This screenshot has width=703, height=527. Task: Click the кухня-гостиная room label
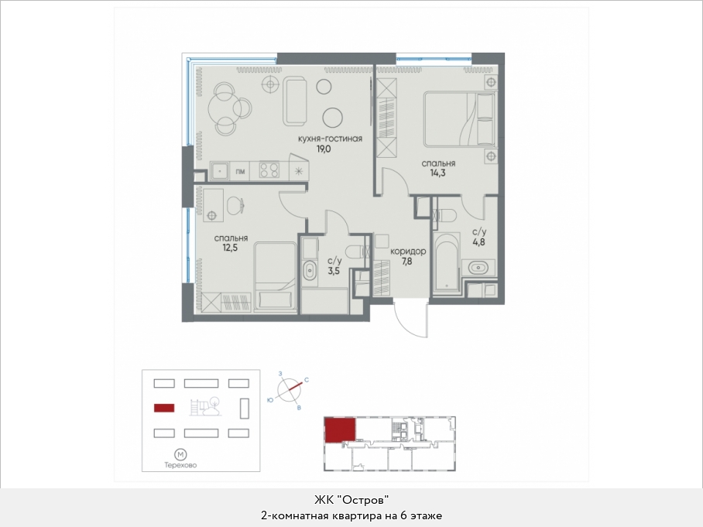point(330,139)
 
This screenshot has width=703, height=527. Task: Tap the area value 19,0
point(324,149)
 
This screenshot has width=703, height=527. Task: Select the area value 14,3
point(438,173)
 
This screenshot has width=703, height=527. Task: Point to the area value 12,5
point(230,248)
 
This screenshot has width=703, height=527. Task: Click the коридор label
point(408,252)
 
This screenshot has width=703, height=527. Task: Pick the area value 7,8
point(406,262)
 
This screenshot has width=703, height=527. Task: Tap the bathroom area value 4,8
point(478,242)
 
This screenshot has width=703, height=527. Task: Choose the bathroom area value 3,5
point(334,271)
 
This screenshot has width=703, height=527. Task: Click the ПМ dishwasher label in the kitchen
point(240,172)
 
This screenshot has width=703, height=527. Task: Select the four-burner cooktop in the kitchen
point(269,171)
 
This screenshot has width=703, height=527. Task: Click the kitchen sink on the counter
point(220,171)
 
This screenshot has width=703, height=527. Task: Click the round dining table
point(223,108)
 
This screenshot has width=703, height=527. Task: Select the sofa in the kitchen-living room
point(294,101)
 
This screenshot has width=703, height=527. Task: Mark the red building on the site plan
point(164,408)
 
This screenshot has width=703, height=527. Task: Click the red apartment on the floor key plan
point(341,430)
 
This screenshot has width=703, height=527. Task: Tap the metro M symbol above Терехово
point(180,454)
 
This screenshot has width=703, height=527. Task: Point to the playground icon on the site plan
point(205,407)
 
